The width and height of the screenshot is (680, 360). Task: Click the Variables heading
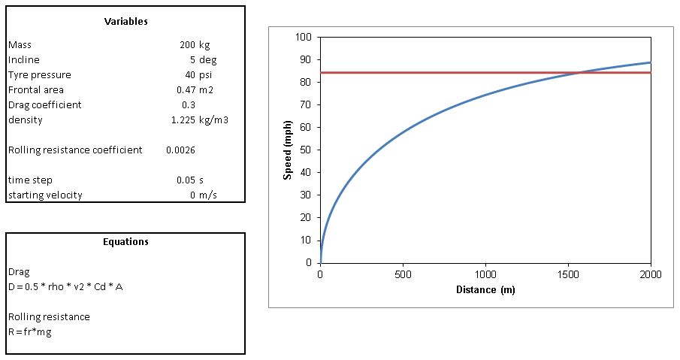(x=125, y=21)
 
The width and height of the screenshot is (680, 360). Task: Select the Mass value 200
(x=187, y=45)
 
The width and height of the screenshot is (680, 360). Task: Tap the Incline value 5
(x=192, y=60)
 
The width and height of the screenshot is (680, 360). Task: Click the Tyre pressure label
(x=40, y=75)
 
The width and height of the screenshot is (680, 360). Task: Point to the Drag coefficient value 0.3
(x=189, y=105)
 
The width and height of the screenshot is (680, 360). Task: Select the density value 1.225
(x=183, y=120)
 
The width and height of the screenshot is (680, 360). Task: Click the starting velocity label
(x=45, y=195)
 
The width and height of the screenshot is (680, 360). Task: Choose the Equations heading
(x=125, y=242)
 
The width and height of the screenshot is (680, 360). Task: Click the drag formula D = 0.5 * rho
(x=65, y=287)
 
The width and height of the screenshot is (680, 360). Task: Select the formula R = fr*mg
(x=29, y=331)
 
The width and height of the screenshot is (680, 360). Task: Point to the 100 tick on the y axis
(x=304, y=37)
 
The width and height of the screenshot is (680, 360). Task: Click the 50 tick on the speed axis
(x=306, y=150)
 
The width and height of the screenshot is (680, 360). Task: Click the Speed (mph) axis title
(x=287, y=150)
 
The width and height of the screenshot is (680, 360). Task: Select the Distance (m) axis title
(x=485, y=289)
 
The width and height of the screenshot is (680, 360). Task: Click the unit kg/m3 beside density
(x=216, y=120)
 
